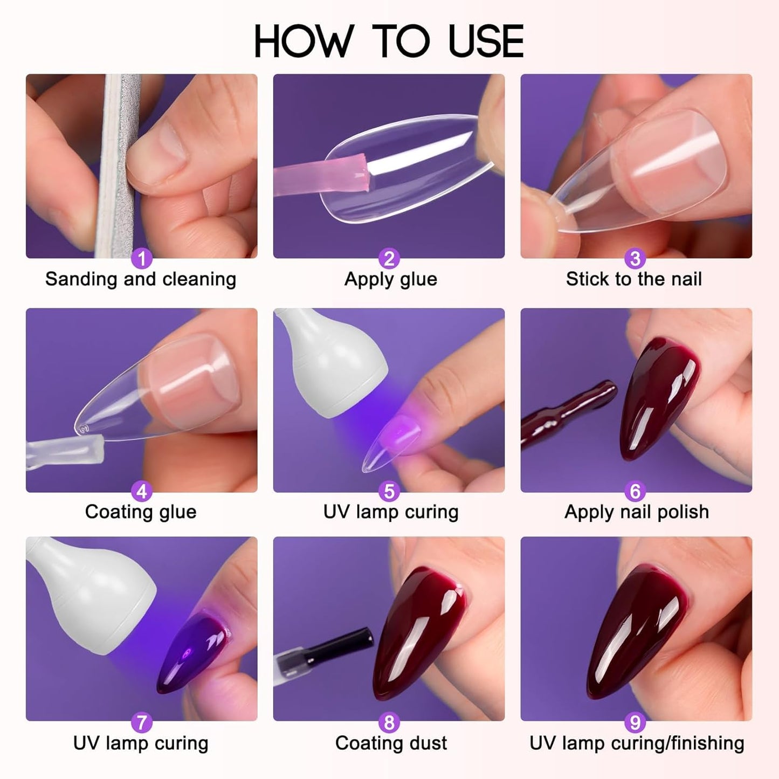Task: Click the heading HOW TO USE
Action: pos(389,42)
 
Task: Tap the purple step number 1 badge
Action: pos(142,259)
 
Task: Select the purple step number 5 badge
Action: pos(389,492)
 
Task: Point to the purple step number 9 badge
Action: pos(635,722)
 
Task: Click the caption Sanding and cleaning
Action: pos(141,279)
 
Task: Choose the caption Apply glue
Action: pos(390,279)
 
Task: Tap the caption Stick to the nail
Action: pos(634,279)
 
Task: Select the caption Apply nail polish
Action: pos(636,512)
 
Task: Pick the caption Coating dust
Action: pos(391,743)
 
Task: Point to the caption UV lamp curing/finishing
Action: pos(637,743)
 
